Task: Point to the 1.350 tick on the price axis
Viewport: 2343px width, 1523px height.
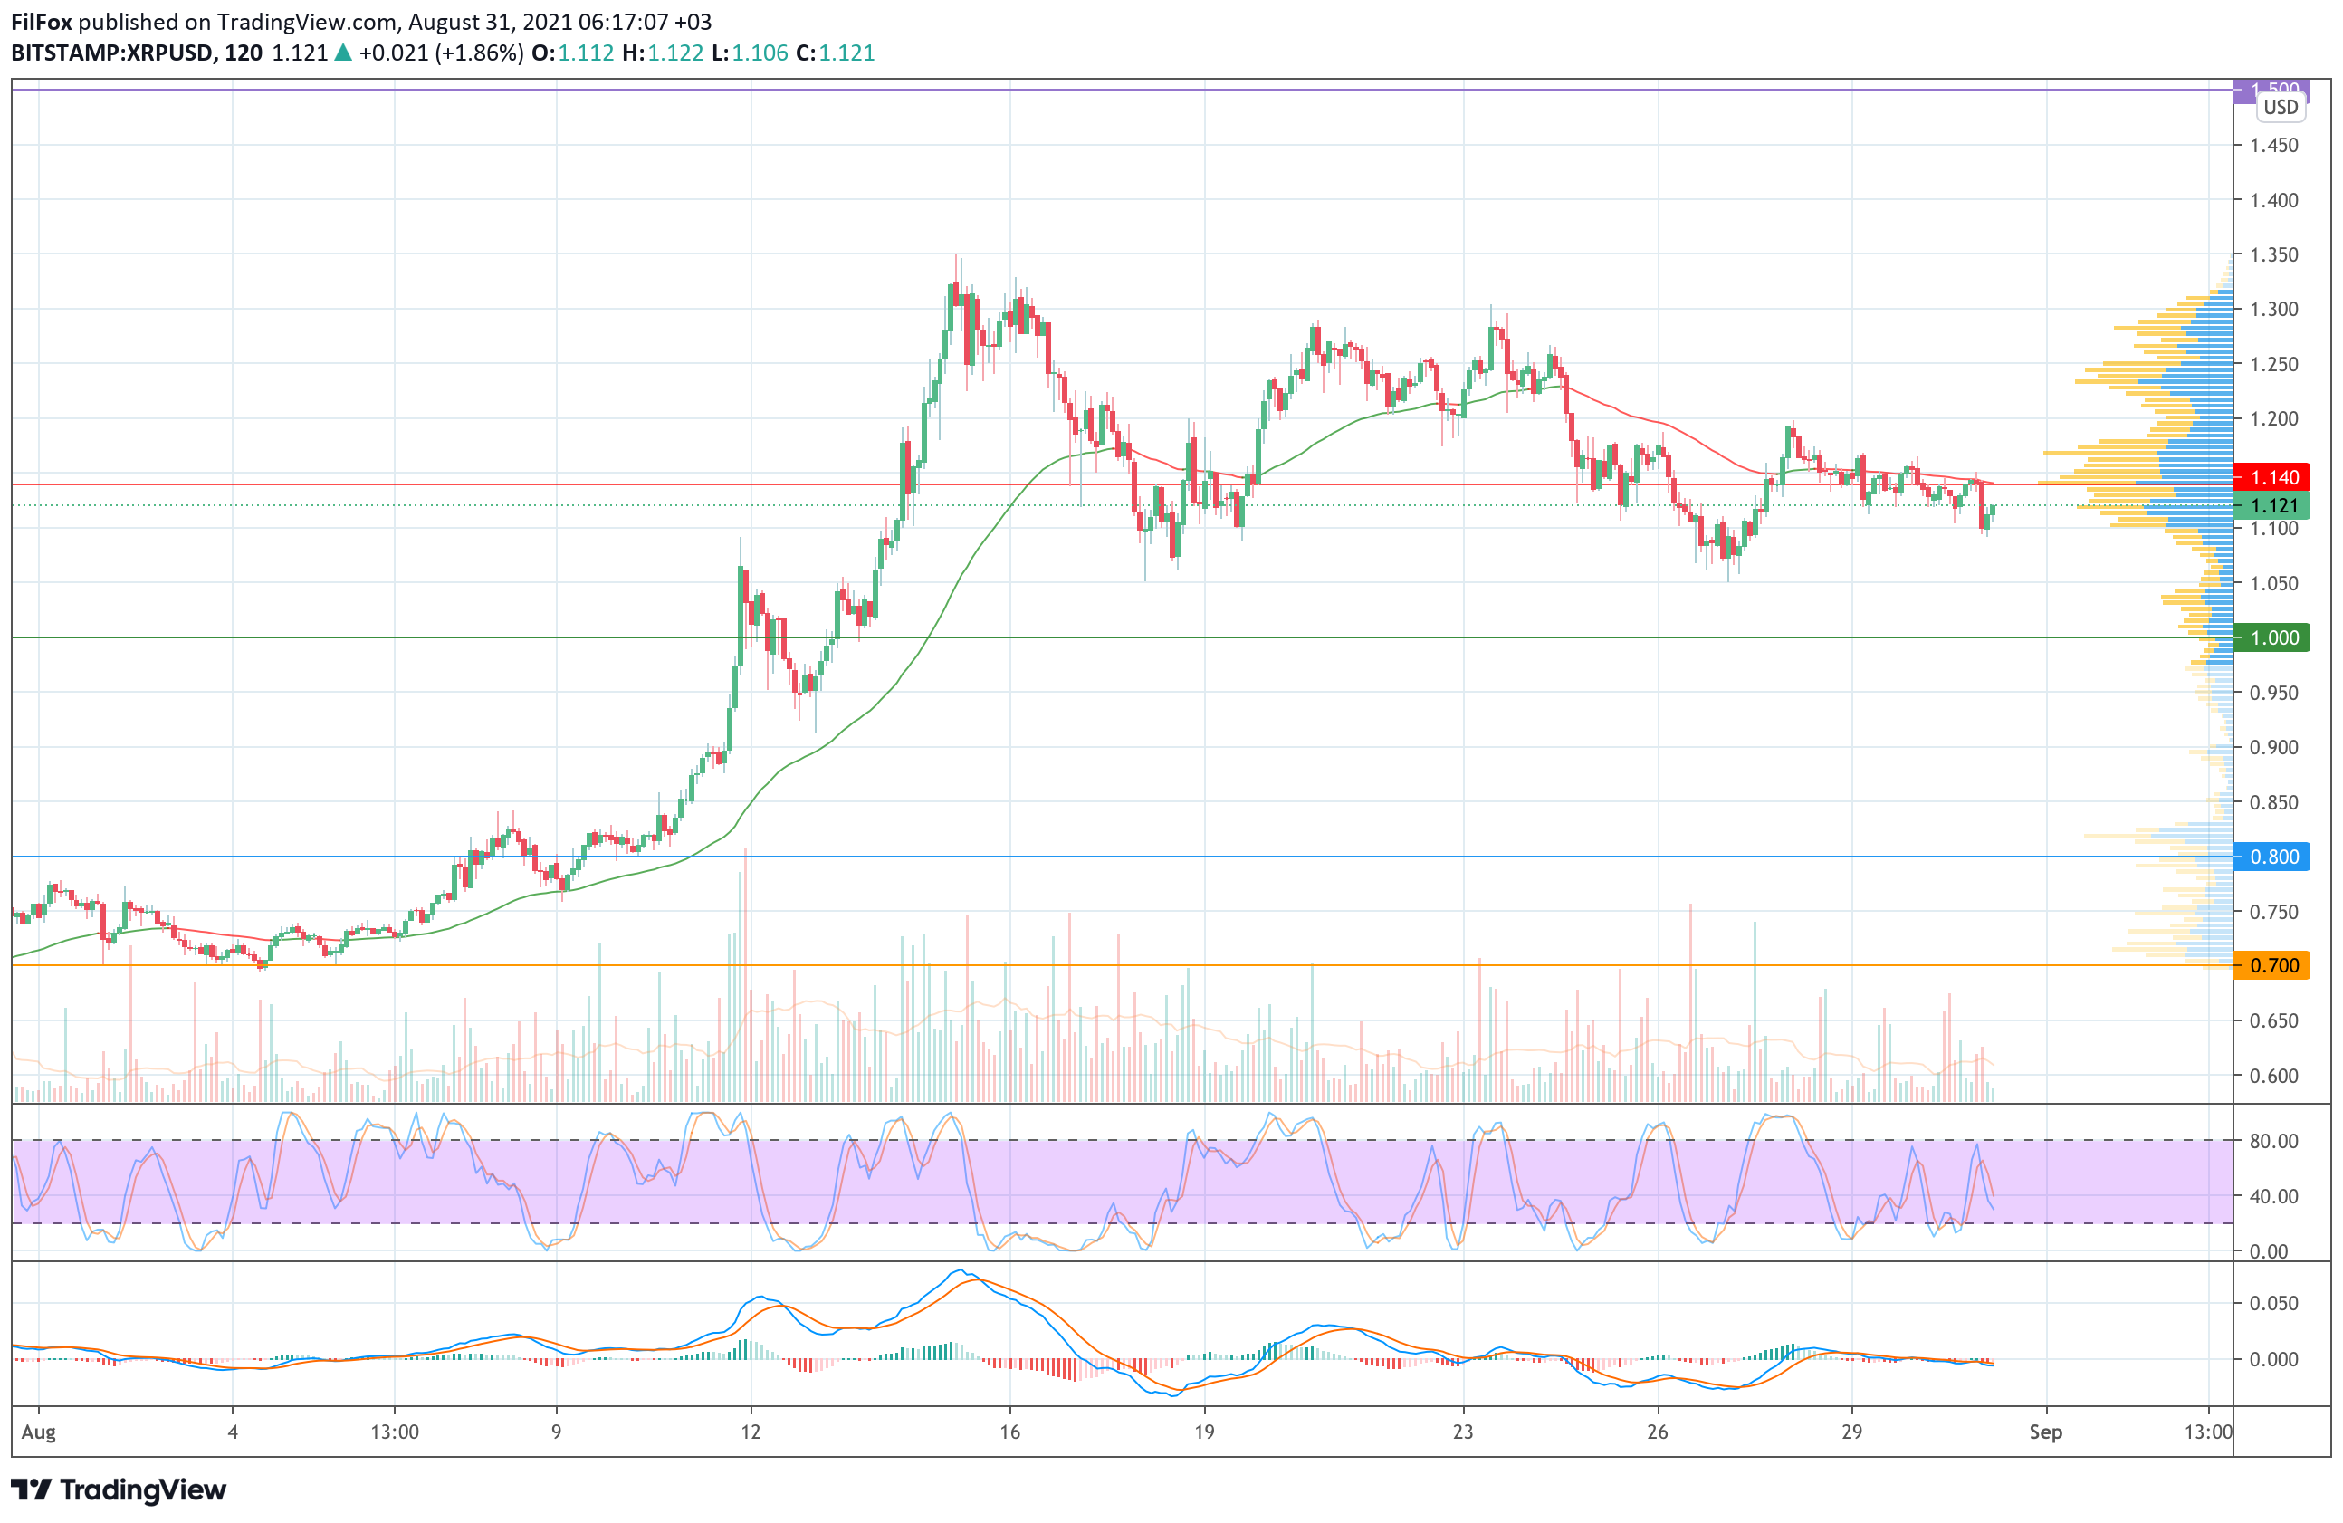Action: click(x=2273, y=255)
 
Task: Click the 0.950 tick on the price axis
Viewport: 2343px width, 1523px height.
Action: click(x=2273, y=693)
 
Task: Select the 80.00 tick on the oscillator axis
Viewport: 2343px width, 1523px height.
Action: click(x=2273, y=1141)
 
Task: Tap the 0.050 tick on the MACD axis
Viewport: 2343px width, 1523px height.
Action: click(x=2273, y=1304)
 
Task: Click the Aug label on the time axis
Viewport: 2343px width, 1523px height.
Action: click(x=38, y=1432)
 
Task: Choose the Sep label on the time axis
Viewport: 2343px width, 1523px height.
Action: click(x=2045, y=1432)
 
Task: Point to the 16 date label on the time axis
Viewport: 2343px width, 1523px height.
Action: click(x=1010, y=1432)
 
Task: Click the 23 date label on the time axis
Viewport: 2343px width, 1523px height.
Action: click(x=1463, y=1432)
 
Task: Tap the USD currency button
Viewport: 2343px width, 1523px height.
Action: click(x=2280, y=108)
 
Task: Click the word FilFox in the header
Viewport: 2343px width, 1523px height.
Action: click(x=42, y=22)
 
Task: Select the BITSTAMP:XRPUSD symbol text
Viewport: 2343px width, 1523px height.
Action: click(x=111, y=53)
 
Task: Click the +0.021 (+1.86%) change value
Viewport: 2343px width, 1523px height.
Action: click(x=440, y=53)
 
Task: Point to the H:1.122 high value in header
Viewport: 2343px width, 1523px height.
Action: click(x=663, y=53)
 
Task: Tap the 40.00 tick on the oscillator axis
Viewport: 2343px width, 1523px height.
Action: click(x=2273, y=1196)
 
